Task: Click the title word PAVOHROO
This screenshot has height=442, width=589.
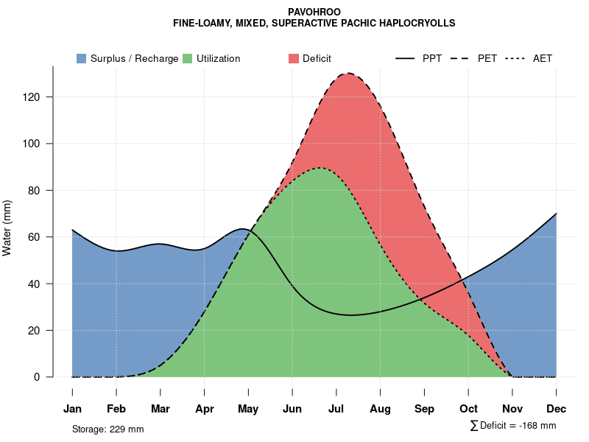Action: click(x=314, y=12)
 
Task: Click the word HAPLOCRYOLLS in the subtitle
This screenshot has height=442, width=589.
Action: click(x=419, y=24)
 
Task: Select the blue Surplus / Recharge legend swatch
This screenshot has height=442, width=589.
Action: click(x=82, y=58)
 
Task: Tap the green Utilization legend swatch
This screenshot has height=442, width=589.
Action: click(x=188, y=58)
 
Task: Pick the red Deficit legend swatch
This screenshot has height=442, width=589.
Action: click(x=294, y=58)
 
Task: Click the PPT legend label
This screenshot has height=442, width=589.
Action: click(x=432, y=58)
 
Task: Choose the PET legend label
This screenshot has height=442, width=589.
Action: click(x=487, y=58)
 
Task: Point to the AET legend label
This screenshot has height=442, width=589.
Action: click(x=543, y=58)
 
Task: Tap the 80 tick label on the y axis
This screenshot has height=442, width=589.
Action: click(x=41, y=190)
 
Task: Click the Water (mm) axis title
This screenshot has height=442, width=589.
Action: click(x=7, y=228)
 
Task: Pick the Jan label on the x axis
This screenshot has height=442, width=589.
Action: click(x=72, y=409)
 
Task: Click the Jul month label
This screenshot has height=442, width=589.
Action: click(x=336, y=409)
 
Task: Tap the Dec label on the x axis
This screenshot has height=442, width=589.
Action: click(x=557, y=409)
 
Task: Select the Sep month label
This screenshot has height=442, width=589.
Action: click(x=425, y=409)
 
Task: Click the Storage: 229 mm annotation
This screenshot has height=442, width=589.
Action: click(x=108, y=429)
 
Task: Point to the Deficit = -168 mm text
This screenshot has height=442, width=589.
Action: click(x=517, y=426)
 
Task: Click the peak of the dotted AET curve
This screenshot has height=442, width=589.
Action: click(x=320, y=168)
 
